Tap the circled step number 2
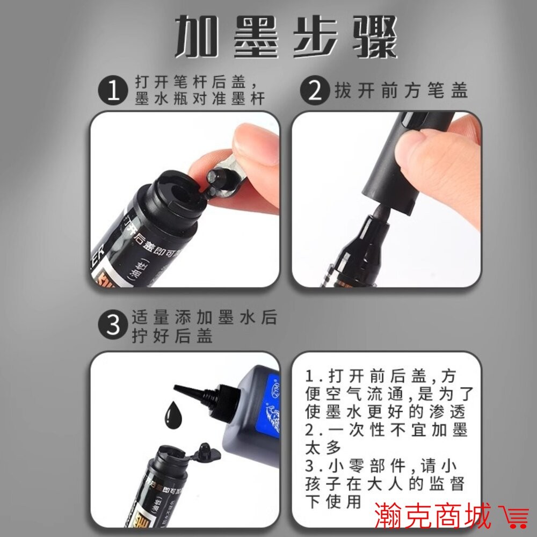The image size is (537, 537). pos(316,91)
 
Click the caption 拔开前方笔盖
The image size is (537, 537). pos(401,91)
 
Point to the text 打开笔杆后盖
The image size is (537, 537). pos(191,84)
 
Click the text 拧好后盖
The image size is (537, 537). pos(172,336)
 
